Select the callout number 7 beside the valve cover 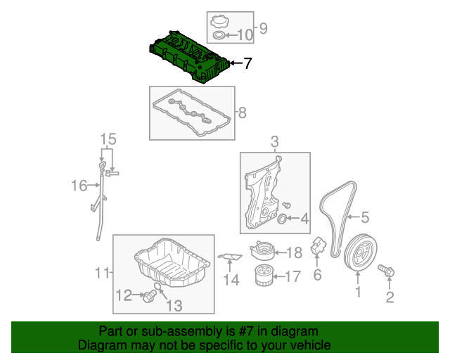247,64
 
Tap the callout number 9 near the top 264,29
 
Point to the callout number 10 244,34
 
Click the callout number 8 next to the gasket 242,112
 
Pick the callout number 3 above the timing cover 275,143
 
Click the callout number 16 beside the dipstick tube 78,186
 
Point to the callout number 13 174,305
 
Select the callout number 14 231,281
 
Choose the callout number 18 294,252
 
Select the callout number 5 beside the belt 365,218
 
